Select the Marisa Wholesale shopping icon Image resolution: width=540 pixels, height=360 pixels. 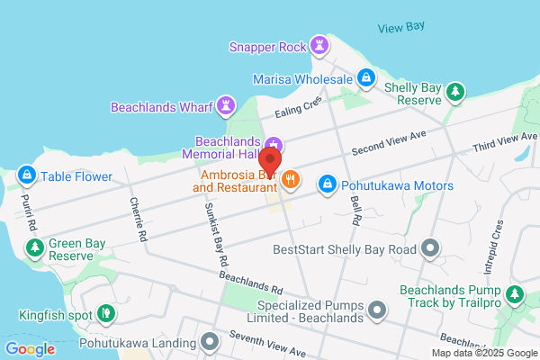(x=366, y=78)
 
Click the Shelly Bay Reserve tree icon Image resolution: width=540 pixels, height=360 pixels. (x=456, y=91)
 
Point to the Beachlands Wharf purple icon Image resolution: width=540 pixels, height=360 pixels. (x=226, y=106)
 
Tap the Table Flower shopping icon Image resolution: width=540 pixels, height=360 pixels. (x=27, y=174)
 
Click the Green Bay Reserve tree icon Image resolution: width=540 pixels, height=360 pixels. (x=35, y=247)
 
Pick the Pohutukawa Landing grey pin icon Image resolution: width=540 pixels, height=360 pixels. (x=211, y=342)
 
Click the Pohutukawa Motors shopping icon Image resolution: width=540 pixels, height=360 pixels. (x=328, y=183)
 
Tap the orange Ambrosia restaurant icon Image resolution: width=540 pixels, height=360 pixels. (x=290, y=180)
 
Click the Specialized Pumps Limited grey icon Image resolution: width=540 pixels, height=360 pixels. (x=378, y=311)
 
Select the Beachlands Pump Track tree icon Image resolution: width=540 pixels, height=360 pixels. (x=514, y=293)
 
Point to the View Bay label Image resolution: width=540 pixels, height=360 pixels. (x=400, y=27)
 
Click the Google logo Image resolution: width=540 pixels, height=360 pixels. (x=30, y=349)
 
